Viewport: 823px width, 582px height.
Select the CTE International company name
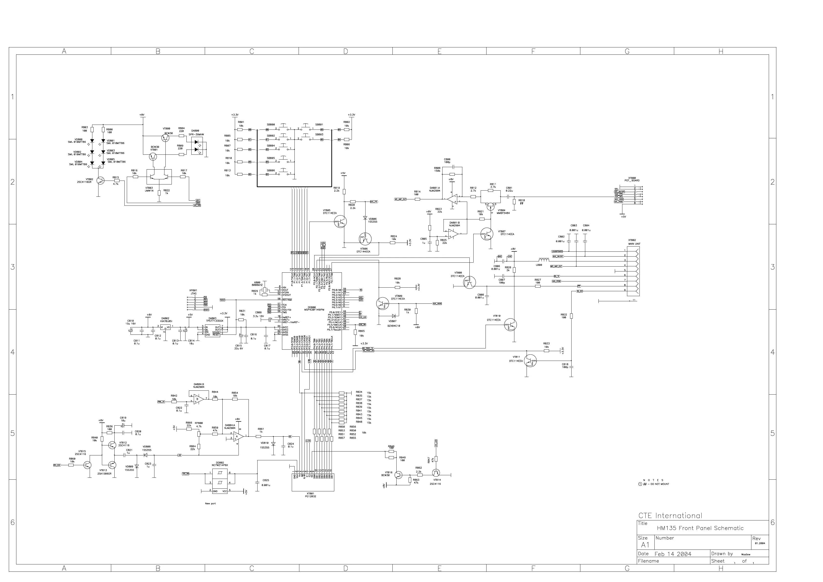tap(670, 516)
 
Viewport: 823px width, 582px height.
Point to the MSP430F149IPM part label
tap(314, 310)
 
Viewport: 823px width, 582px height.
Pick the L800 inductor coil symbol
tap(544, 260)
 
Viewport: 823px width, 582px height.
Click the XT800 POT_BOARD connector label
tap(632, 179)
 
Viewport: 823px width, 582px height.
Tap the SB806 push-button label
tap(271, 170)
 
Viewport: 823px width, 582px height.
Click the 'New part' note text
tap(210, 504)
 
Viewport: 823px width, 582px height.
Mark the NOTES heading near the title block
tap(653, 480)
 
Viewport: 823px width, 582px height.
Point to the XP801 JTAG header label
tap(193, 292)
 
